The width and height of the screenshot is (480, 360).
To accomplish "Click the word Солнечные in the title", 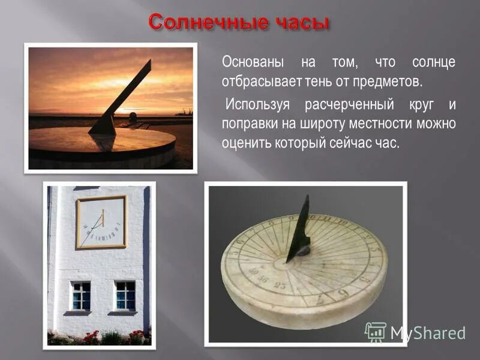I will coord(199,23).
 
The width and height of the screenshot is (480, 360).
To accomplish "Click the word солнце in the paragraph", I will coord(433,62).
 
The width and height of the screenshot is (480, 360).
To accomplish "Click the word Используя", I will coord(258,106).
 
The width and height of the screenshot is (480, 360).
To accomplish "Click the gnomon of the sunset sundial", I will coord(120,99).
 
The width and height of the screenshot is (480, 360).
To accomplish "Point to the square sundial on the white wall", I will coord(101,222).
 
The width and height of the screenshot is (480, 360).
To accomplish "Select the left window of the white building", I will coord(80,295).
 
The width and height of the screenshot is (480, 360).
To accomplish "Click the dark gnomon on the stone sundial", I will coord(299,231).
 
